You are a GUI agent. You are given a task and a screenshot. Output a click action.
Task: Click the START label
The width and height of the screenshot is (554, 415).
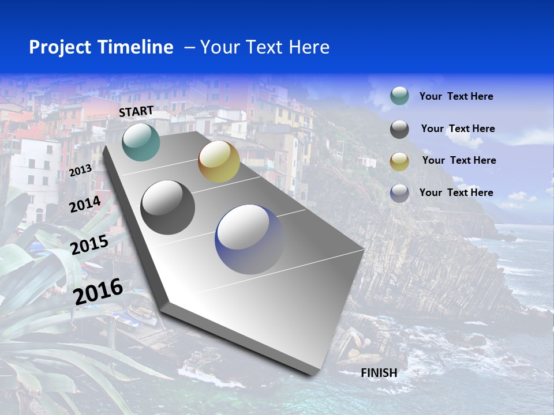[x=136, y=111]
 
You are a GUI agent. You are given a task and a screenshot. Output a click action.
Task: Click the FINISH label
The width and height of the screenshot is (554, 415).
[x=379, y=373]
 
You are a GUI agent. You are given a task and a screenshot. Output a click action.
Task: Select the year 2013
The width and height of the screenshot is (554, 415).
[x=80, y=171]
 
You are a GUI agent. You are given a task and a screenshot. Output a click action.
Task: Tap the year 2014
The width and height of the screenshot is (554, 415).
[x=85, y=205]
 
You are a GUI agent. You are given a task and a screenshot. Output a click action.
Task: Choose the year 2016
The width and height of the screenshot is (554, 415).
[x=98, y=291]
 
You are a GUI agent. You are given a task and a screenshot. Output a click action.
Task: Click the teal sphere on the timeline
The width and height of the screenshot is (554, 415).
[x=141, y=142]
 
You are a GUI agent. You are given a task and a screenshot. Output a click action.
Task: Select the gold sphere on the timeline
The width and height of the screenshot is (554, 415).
[x=219, y=161]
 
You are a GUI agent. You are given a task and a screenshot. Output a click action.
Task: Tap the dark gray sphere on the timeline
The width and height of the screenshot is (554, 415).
[x=168, y=207]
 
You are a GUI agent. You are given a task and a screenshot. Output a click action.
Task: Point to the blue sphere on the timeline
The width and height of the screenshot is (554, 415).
[x=250, y=239]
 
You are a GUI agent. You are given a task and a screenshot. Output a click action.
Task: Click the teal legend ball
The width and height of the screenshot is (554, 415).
[x=399, y=96]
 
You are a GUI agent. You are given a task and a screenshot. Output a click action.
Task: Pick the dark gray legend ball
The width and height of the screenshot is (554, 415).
[x=399, y=129]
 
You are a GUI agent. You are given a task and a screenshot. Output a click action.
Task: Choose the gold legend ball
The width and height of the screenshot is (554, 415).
[x=399, y=161]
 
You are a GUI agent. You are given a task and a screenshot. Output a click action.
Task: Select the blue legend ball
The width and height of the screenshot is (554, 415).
[x=399, y=193]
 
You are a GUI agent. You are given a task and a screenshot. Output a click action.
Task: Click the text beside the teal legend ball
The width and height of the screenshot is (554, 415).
[x=456, y=96]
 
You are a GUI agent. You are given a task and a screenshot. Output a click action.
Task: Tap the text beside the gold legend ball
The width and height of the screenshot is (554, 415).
[x=459, y=160]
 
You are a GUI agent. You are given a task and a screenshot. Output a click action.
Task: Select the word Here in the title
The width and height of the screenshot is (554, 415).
[x=309, y=47]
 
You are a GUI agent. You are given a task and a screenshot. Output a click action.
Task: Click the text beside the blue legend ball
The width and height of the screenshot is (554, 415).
[x=456, y=193]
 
